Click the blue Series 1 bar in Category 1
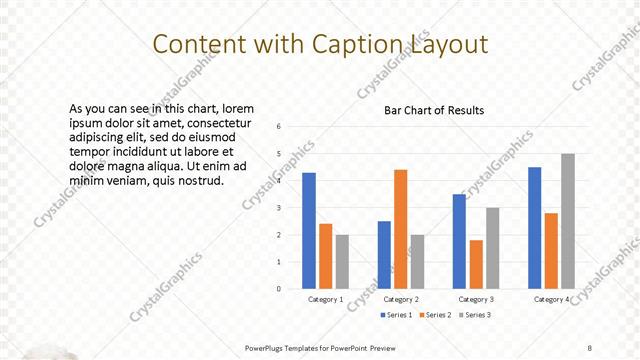click(x=309, y=231)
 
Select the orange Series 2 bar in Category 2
click(x=401, y=229)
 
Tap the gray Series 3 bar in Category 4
click(x=567, y=221)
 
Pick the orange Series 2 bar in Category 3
click(x=475, y=264)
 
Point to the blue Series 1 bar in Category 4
click(x=535, y=228)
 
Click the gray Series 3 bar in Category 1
click(x=342, y=262)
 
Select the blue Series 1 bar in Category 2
click(x=384, y=255)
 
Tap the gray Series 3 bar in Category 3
click(x=492, y=248)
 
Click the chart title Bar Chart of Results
click(x=434, y=111)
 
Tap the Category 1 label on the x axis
click(x=325, y=299)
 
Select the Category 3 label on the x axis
click(x=475, y=299)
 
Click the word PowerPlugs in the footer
click(x=269, y=347)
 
